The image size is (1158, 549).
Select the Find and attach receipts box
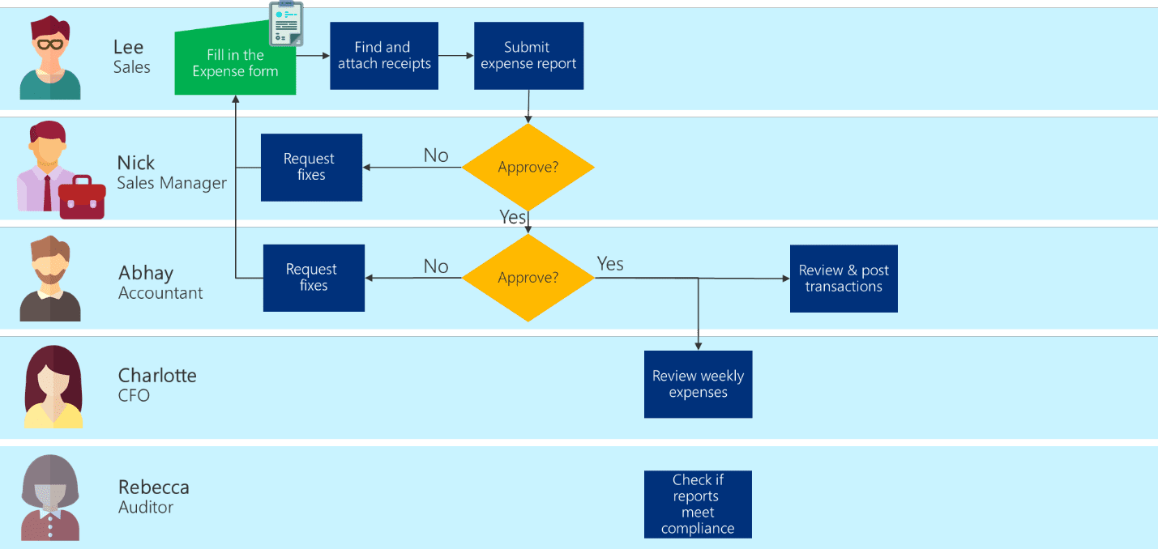point(384,55)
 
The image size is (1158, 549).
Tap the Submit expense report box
point(528,55)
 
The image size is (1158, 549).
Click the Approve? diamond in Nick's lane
point(528,168)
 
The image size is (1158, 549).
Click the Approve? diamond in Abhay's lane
point(528,278)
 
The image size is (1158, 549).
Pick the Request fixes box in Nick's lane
point(311,167)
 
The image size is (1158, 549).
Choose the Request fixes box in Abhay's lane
point(314,278)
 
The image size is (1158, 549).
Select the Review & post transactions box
point(844,279)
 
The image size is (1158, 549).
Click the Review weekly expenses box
point(698,384)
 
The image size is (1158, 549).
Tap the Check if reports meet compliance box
point(698,504)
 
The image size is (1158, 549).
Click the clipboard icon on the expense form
point(285,23)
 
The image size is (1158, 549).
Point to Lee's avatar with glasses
point(50,58)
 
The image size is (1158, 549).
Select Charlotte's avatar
point(53,387)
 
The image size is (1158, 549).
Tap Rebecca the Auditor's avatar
point(50,497)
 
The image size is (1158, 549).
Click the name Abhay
point(146,273)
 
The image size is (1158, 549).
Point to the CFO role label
point(134,396)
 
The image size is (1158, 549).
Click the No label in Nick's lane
point(436,155)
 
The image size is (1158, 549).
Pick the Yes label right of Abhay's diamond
point(610,263)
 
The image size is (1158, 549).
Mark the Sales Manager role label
point(172,183)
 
